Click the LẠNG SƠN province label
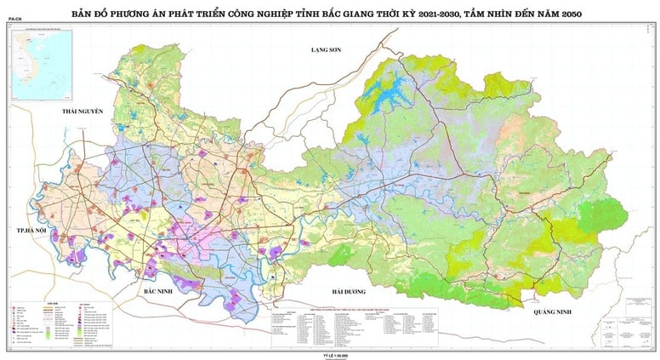tap(324, 51)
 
